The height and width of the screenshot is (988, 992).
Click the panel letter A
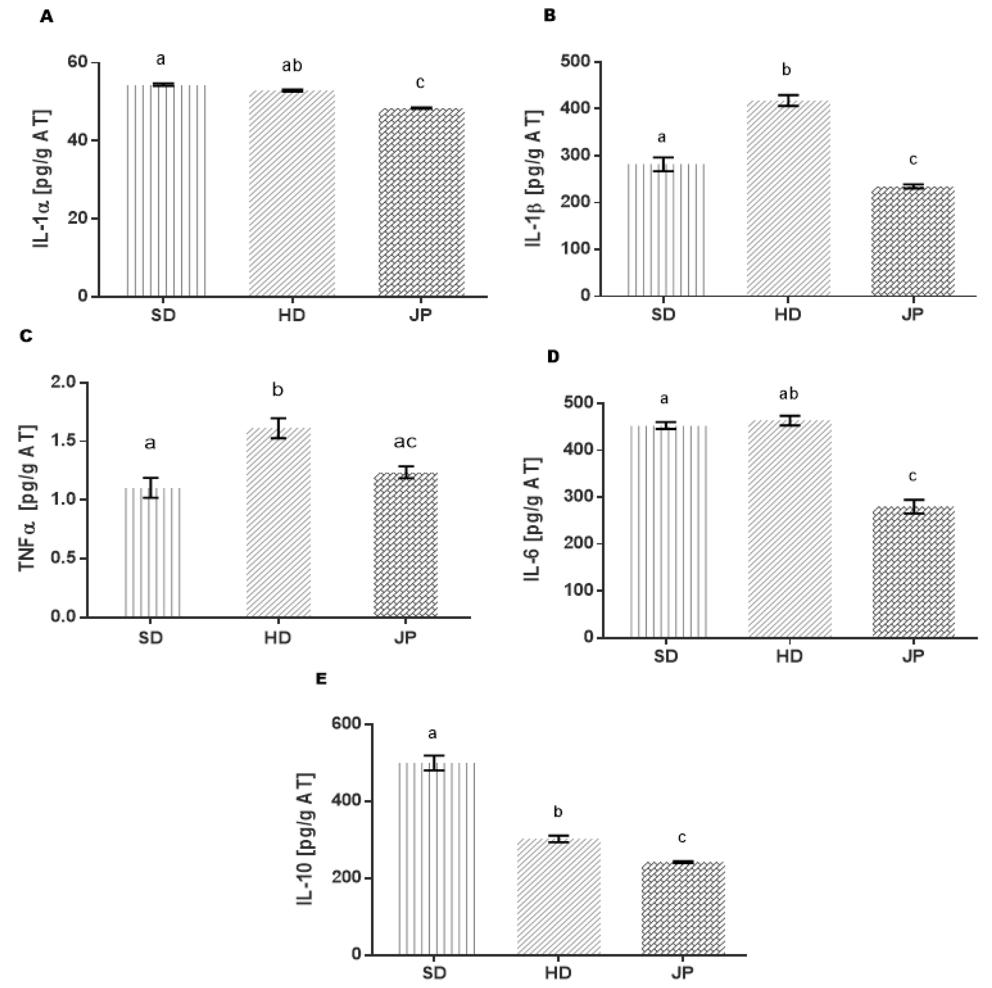pos(46,17)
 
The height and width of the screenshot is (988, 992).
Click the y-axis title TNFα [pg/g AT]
pos(28,498)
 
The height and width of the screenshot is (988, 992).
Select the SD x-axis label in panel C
pos(151,638)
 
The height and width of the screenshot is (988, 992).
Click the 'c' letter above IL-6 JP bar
pos(912,476)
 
